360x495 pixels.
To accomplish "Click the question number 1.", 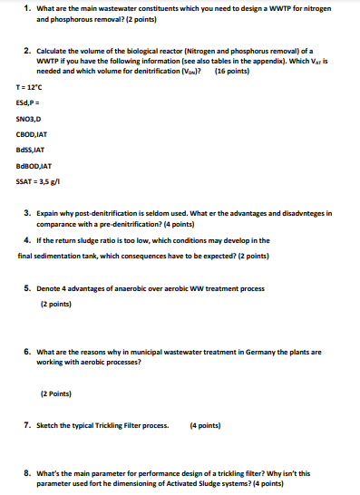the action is [28, 7].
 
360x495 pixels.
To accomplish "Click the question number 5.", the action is [28, 288].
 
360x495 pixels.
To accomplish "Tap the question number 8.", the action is [28, 473].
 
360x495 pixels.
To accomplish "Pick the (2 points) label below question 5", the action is [59, 304].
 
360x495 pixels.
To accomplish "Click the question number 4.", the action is [28, 240].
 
